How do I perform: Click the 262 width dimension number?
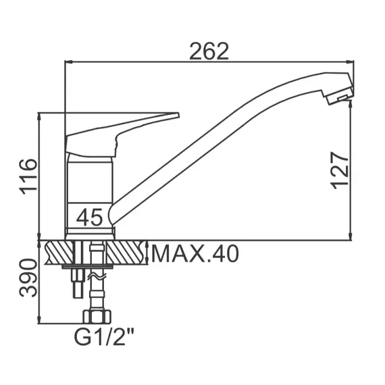(x=209, y=51)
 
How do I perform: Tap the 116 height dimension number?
(x=28, y=176)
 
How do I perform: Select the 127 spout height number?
(x=340, y=170)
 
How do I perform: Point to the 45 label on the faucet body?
(x=89, y=217)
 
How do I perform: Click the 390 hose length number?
(x=28, y=278)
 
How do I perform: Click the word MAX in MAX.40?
(x=177, y=253)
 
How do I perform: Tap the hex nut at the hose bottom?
(x=97, y=317)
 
